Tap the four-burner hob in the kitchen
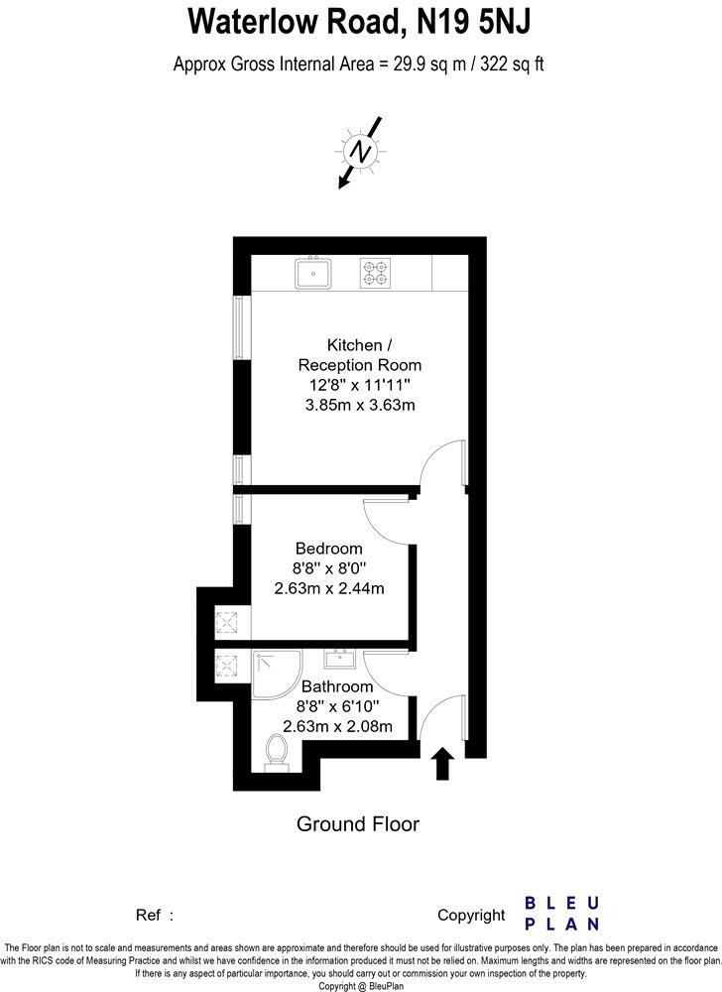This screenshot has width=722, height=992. click(x=374, y=273)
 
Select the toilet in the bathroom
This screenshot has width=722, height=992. click(x=277, y=751)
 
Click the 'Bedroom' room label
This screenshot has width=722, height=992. click(x=328, y=549)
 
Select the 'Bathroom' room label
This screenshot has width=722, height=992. click(x=337, y=686)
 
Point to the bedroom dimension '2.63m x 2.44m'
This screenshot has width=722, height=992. click(x=328, y=588)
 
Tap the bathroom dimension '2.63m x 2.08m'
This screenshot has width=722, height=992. click(x=337, y=726)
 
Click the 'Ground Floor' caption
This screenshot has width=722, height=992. click(x=359, y=824)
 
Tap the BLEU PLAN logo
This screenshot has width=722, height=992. click(x=561, y=914)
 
